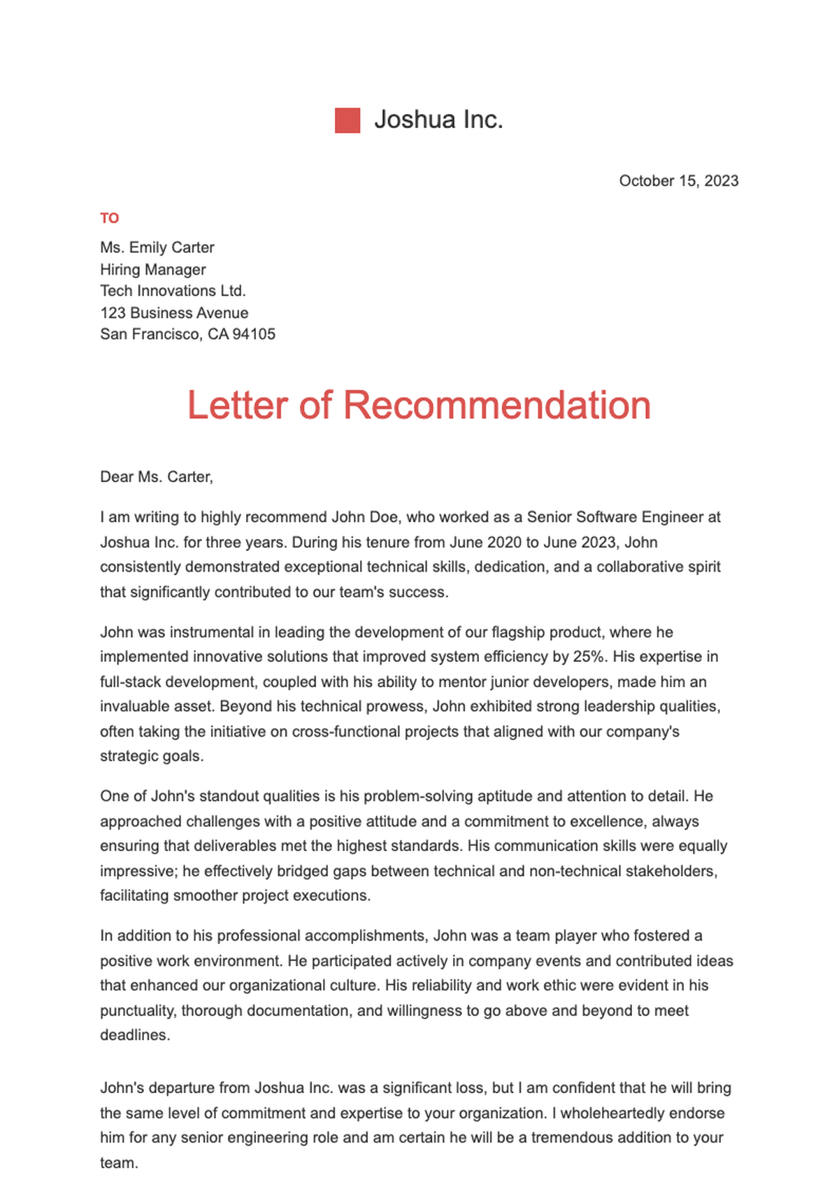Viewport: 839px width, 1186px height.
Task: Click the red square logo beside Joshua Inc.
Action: (x=347, y=120)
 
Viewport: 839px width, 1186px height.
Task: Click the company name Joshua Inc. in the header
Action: (x=438, y=120)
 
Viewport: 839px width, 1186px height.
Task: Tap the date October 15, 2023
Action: (x=678, y=181)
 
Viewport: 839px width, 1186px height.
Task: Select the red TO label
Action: (x=110, y=219)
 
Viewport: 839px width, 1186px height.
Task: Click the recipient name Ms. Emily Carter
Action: (x=157, y=247)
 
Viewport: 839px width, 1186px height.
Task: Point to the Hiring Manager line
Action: (x=153, y=270)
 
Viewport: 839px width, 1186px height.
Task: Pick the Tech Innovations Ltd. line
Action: (x=173, y=291)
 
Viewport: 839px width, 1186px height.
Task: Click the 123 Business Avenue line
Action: (x=174, y=313)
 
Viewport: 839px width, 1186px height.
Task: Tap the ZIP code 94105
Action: (x=254, y=334)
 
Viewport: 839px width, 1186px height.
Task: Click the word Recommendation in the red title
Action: (x=496, y=405)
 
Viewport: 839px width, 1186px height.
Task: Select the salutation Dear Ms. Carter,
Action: (x=157, y=477)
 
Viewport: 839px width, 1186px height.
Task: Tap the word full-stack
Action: (x=131, y=682)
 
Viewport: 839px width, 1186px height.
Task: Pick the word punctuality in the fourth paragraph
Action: (x=138, y=1011)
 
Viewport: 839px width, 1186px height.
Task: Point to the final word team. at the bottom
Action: (x=119, y=1164)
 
